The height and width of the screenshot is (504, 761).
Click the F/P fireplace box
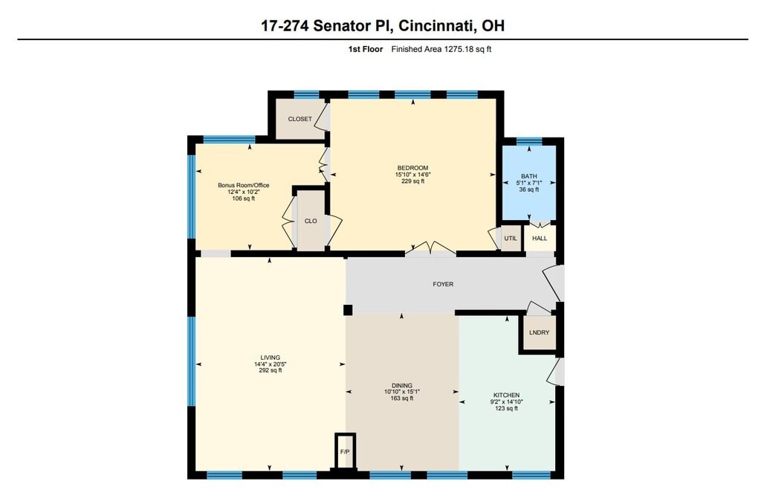345,451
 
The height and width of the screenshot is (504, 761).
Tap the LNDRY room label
540,332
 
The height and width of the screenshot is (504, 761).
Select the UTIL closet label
511,239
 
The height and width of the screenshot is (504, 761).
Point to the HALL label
540,239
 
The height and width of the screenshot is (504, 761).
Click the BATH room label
529,176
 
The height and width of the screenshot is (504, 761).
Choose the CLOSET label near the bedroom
300,119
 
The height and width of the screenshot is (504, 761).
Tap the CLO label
311,221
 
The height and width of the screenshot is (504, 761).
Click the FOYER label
443,284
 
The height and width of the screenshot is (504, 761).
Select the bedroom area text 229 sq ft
413,181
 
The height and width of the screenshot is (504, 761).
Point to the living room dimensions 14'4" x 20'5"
271,364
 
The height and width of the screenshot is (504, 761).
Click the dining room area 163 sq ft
402,398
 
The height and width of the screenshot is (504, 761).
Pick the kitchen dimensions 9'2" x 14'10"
507,401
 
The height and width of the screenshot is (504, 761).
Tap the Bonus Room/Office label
244,185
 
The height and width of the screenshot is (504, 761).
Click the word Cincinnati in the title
435,25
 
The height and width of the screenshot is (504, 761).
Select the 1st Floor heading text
366,49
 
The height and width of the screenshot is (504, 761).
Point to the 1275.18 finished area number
459,49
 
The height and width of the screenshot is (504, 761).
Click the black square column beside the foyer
348,310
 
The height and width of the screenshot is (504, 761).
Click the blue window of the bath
529,141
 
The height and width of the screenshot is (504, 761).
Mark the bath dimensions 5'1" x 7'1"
529,183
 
